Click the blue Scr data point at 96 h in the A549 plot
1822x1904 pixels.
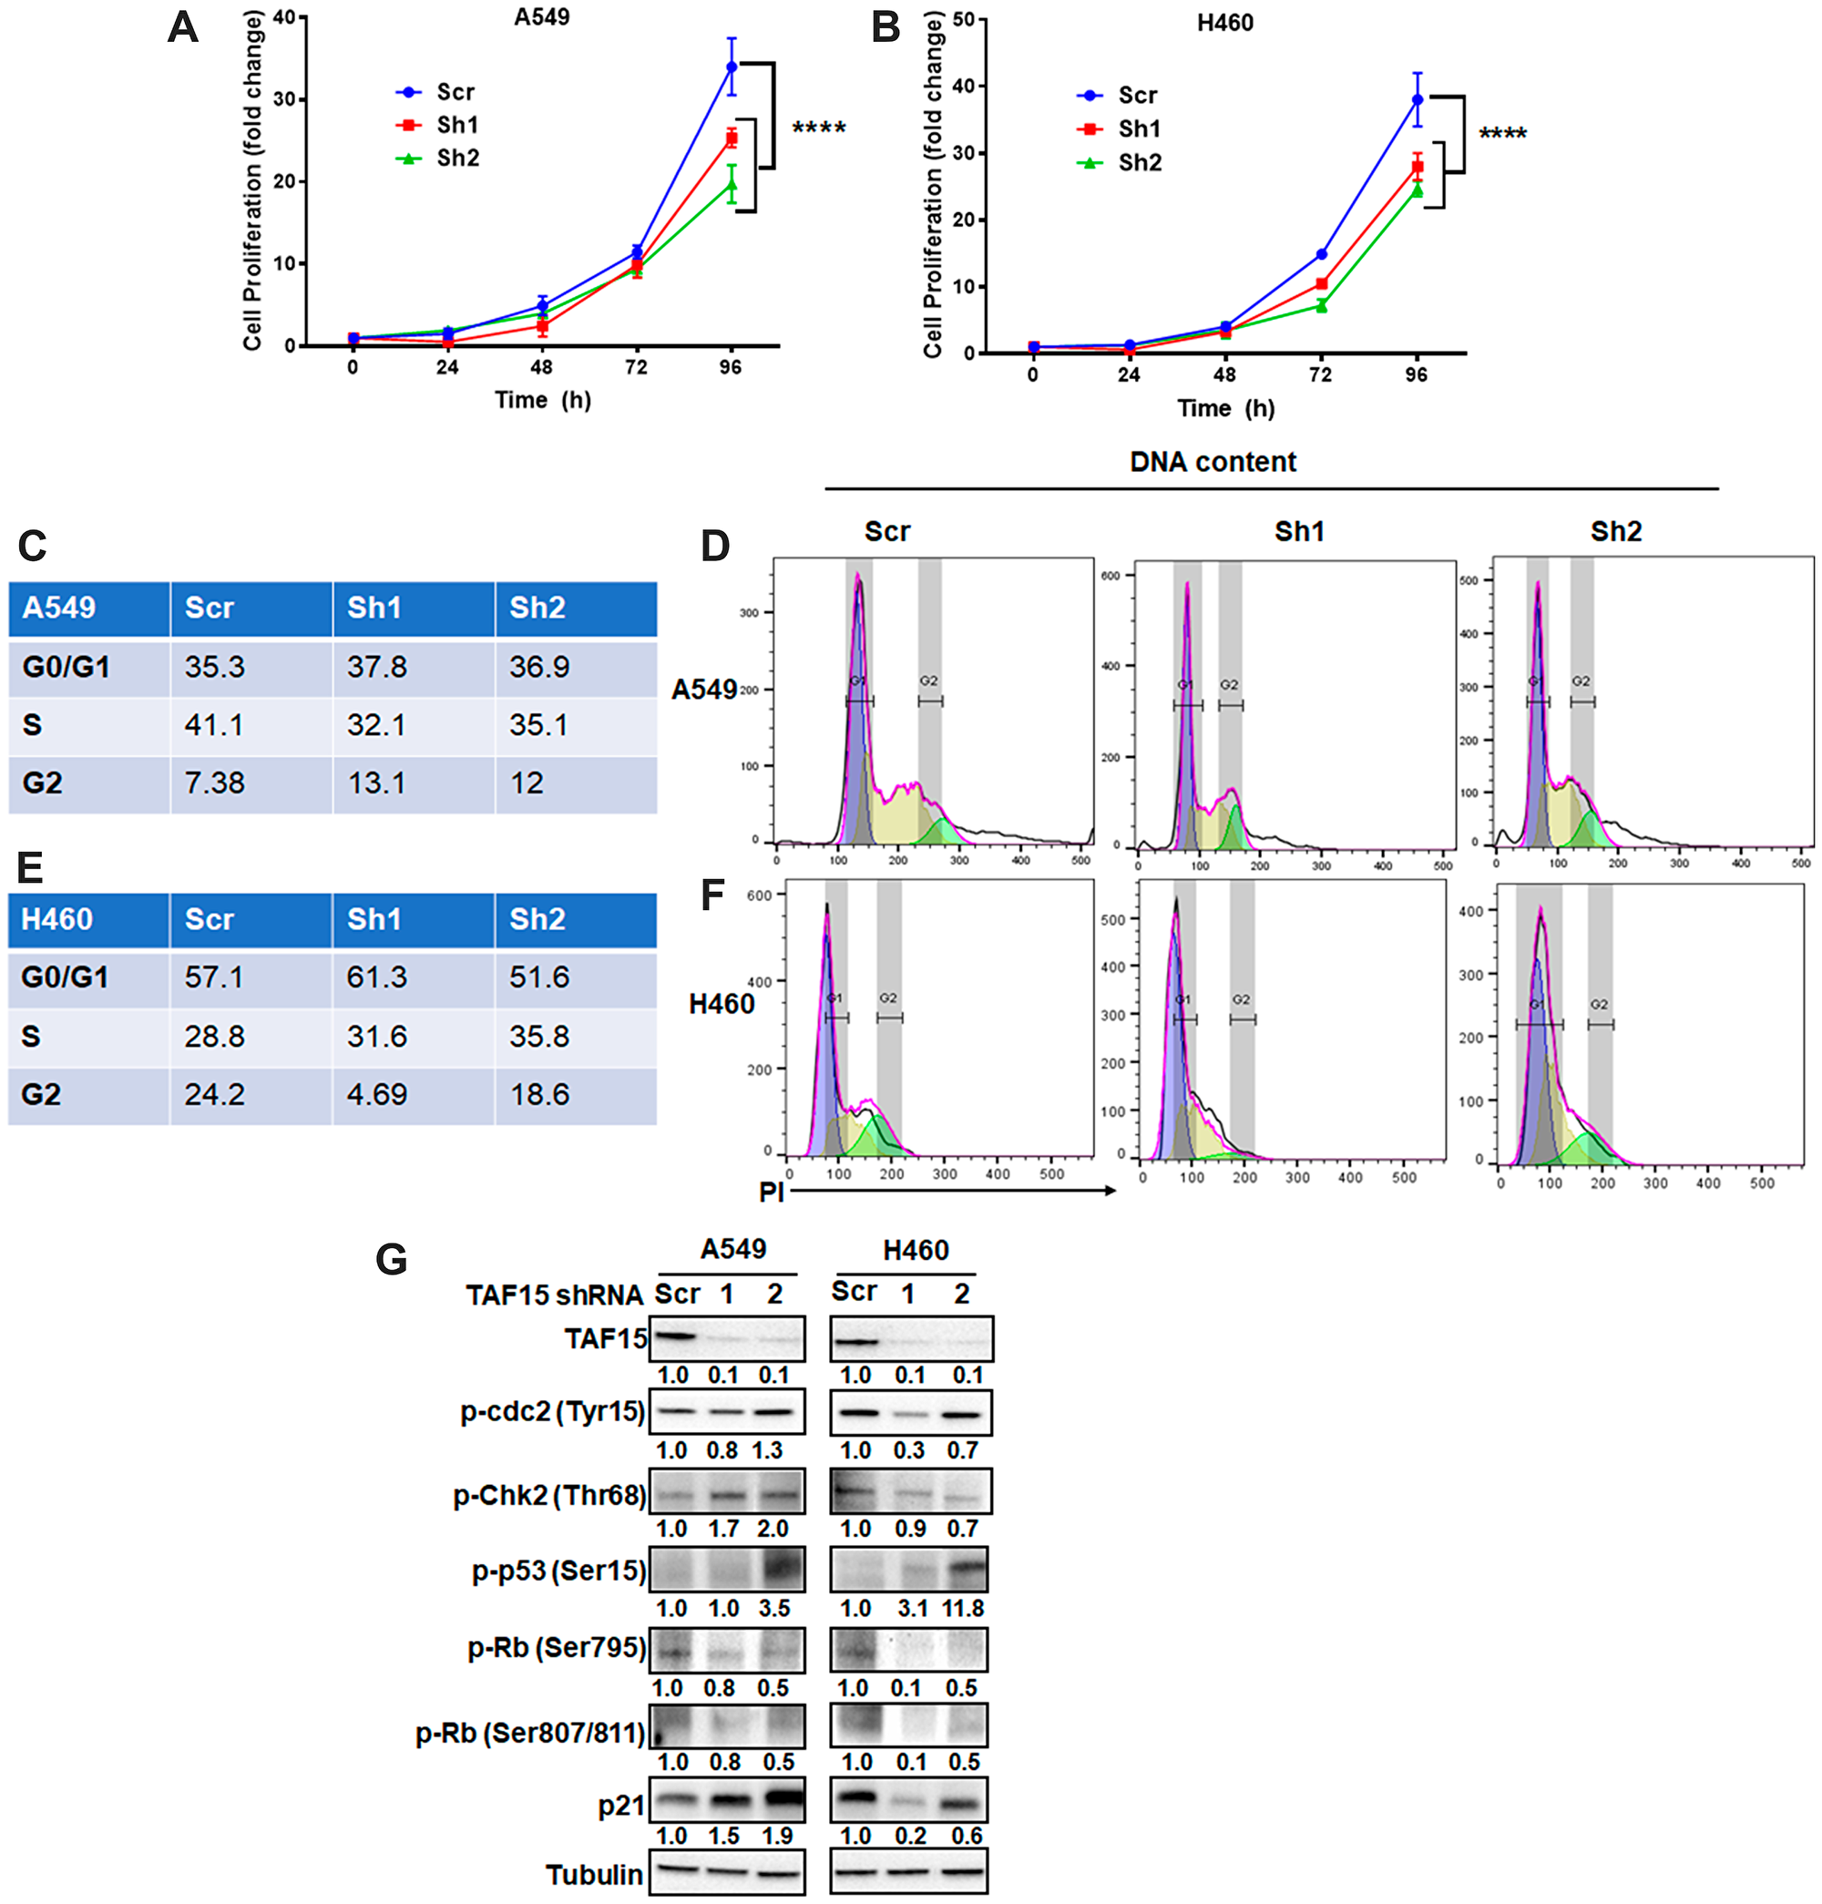click(x=732, y=67)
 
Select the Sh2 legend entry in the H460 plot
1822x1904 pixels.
click(x=1138, y=162)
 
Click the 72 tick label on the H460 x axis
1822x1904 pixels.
click(x=1320, y=374)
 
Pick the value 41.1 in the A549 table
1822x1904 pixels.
click(x=214, y=724)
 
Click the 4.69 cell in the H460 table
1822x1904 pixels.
click(x=376, y=1094)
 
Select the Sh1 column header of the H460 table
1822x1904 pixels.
click(x=374, y=919)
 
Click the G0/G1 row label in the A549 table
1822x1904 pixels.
click(x=66, y=668)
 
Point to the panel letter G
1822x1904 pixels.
click(x=391, y=1259)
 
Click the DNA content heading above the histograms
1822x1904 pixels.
click(x=1212, y=462)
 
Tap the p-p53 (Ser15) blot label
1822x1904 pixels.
click(x=558, y=1571)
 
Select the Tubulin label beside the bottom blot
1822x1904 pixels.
click(x=593, y=1874)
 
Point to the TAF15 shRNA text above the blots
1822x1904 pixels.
click(x=554, y=1295)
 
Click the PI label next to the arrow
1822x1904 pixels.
click(x=771, y=1191)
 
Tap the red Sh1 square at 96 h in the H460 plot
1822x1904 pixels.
click(x=1417, y=167)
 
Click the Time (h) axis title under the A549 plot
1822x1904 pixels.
click(x=542, y=399)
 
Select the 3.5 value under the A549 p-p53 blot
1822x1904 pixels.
click(x=774, y=1609)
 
